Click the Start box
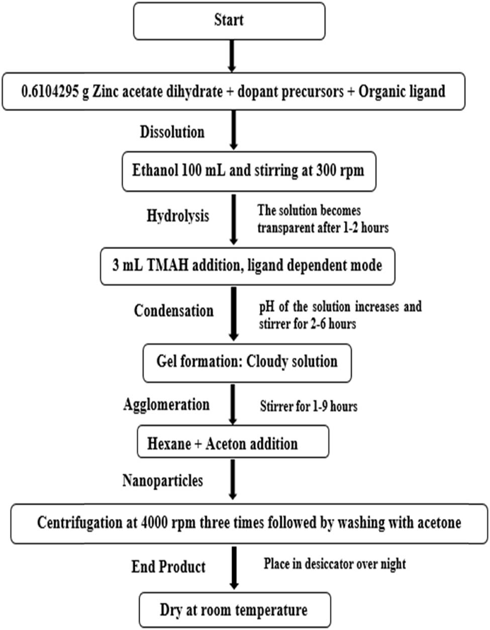pyautogui.click(x=229, y=21)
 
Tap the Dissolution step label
pyautogui.click(x=172, y=132)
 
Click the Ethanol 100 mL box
pyautogui.click(x=248, y=170)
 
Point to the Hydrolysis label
pyautogui.click(x=177, y=216)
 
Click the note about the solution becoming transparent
pyautogui.click(x=323, y=219)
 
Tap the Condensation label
pyautogui.click(x=173, y=310)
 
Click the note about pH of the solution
pyautogui.click(x=340, y=315)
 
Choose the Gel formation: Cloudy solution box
pyautogui.click(x=247, y=362)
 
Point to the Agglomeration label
pyautogui.click(x=166, y=405)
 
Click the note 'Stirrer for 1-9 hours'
pyautogui.click(x=309, y=406)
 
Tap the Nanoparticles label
pyautogui.click(x=162, y=481)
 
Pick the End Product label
pyautogui.click(x=168, y=567)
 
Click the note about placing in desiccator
pyautogui.click(x=335, y=564)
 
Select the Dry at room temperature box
pyautogui.click(x=234, y=610)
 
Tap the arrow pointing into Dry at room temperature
pyautogui.click(x=233, y=568)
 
